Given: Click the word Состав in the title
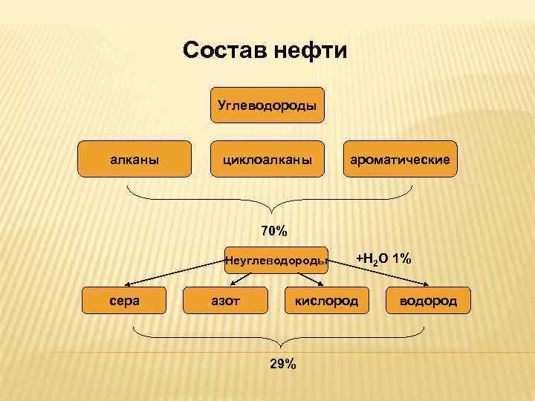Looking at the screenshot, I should click(x=224, y=51).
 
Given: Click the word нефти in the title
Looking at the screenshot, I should click(x=310, y=51).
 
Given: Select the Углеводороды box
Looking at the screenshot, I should click(x=267, y=105).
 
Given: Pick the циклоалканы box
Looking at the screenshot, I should click(x=267, y=159).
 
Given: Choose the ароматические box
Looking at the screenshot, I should click(x=401, y=159).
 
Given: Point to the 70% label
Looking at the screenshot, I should click(x=274, y=230).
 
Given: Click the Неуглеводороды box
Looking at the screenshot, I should click(x=276, y=260).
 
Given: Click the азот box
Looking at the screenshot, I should click(x=225, y=301).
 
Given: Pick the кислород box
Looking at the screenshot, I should click(x=326, y=301).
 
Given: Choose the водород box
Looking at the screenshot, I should click(x=428, y=301).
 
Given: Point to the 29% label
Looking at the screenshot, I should click(x=282, y=363).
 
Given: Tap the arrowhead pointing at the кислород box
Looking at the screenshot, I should click(x=321, y=284).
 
